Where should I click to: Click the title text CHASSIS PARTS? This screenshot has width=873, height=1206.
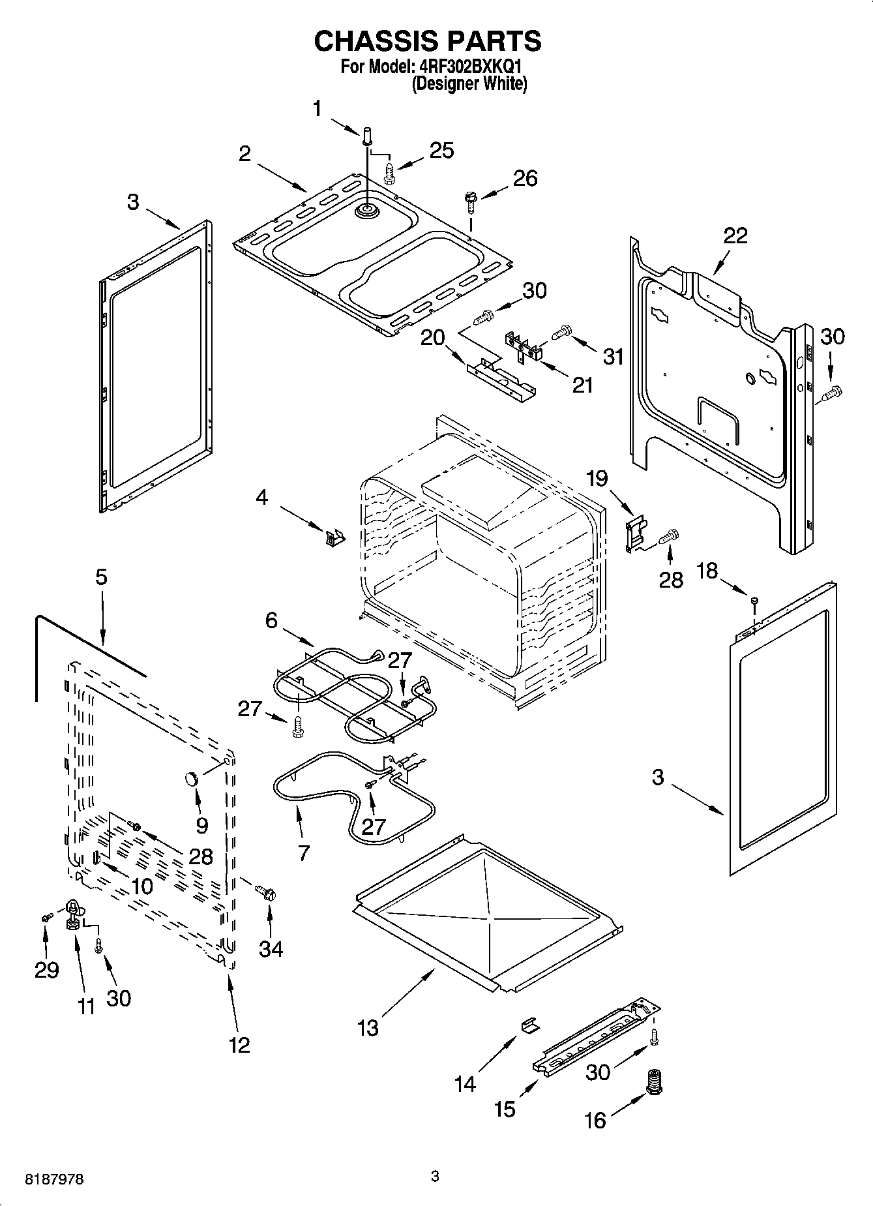pyautogui.click(x=428, y=41)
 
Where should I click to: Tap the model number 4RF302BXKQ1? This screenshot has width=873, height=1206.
pyautogui.click(x=468, y=67)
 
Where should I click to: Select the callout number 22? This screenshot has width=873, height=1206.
pyautogui.click(x=735, y=235)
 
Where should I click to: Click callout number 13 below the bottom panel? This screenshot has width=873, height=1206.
pyautogui.click(x=368, y=1029)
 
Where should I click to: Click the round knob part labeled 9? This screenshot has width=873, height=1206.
pyautogui.click(x=192, y=778)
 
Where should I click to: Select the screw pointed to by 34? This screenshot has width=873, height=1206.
pyautogui.click(x=266, y=890)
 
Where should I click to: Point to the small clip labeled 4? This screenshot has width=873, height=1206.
pyautogui.click(x=334, y=538)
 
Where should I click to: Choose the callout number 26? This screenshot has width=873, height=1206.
pyautogui.click(x=525, y=178)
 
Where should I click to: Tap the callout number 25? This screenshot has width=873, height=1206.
pyautogui.click(x=441, y=150)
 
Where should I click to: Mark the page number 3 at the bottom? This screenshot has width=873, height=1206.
pyautogui.click(x=436, y=1176)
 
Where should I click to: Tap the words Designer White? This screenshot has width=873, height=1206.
pyautogui.click(x=469, y=83)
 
